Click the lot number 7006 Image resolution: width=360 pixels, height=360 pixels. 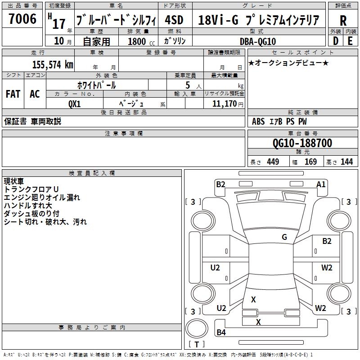(22, 19)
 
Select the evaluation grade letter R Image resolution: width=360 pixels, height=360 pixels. (343, 20)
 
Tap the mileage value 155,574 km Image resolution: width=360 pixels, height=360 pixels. (53, 65)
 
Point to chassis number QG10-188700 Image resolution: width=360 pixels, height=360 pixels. (302, 143)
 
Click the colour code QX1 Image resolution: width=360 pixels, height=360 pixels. (74, 103)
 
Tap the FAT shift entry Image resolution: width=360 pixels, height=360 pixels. (13, 94)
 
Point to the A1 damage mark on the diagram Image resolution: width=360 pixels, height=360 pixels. (321, 184)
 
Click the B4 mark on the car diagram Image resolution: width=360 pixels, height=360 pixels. (221, 333)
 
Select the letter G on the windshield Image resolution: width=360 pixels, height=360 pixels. (284, 237)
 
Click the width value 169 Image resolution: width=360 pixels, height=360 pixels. (311, 162)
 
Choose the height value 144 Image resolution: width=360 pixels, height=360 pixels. (346, 162)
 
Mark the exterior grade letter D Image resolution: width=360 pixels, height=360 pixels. (336, 41)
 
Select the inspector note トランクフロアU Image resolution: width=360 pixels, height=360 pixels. (31, 189)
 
